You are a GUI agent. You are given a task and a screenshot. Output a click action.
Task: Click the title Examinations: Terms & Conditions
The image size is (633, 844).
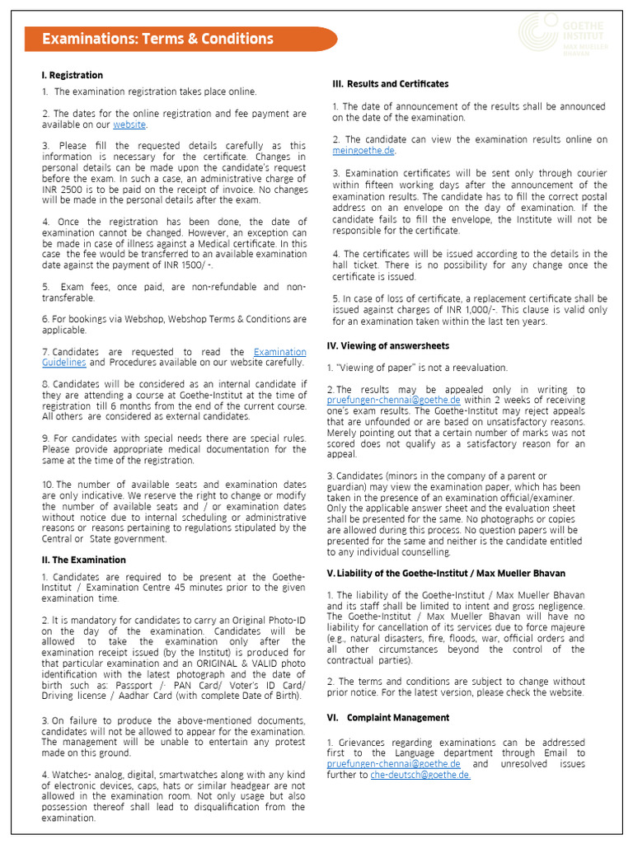[157, 39]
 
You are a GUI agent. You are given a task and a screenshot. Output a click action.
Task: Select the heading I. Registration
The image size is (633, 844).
[73, 75]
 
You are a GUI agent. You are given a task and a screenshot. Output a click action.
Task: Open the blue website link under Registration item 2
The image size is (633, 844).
[129, 124]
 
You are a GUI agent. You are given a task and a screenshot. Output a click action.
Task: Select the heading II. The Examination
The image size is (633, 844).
[84, 560]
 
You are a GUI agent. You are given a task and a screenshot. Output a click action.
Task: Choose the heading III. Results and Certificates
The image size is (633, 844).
[390, 84]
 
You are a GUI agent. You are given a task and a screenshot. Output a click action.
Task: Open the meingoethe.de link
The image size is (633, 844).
[363, 151]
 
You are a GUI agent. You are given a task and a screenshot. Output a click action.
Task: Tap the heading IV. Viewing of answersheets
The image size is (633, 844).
[388, 345]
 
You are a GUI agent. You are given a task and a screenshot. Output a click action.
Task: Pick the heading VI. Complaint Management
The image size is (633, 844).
[388, 718]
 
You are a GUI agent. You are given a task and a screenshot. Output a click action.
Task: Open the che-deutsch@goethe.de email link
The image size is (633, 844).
[420, 775]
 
